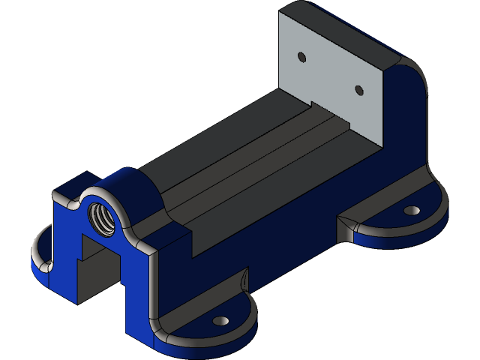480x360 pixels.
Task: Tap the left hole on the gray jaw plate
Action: click(x=301, y=57)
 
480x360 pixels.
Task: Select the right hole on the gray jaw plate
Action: click(x=358, y=91)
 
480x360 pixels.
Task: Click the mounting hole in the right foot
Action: click(x=410, y=211)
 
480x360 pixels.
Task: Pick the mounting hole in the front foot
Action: click(x=220, y=321)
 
